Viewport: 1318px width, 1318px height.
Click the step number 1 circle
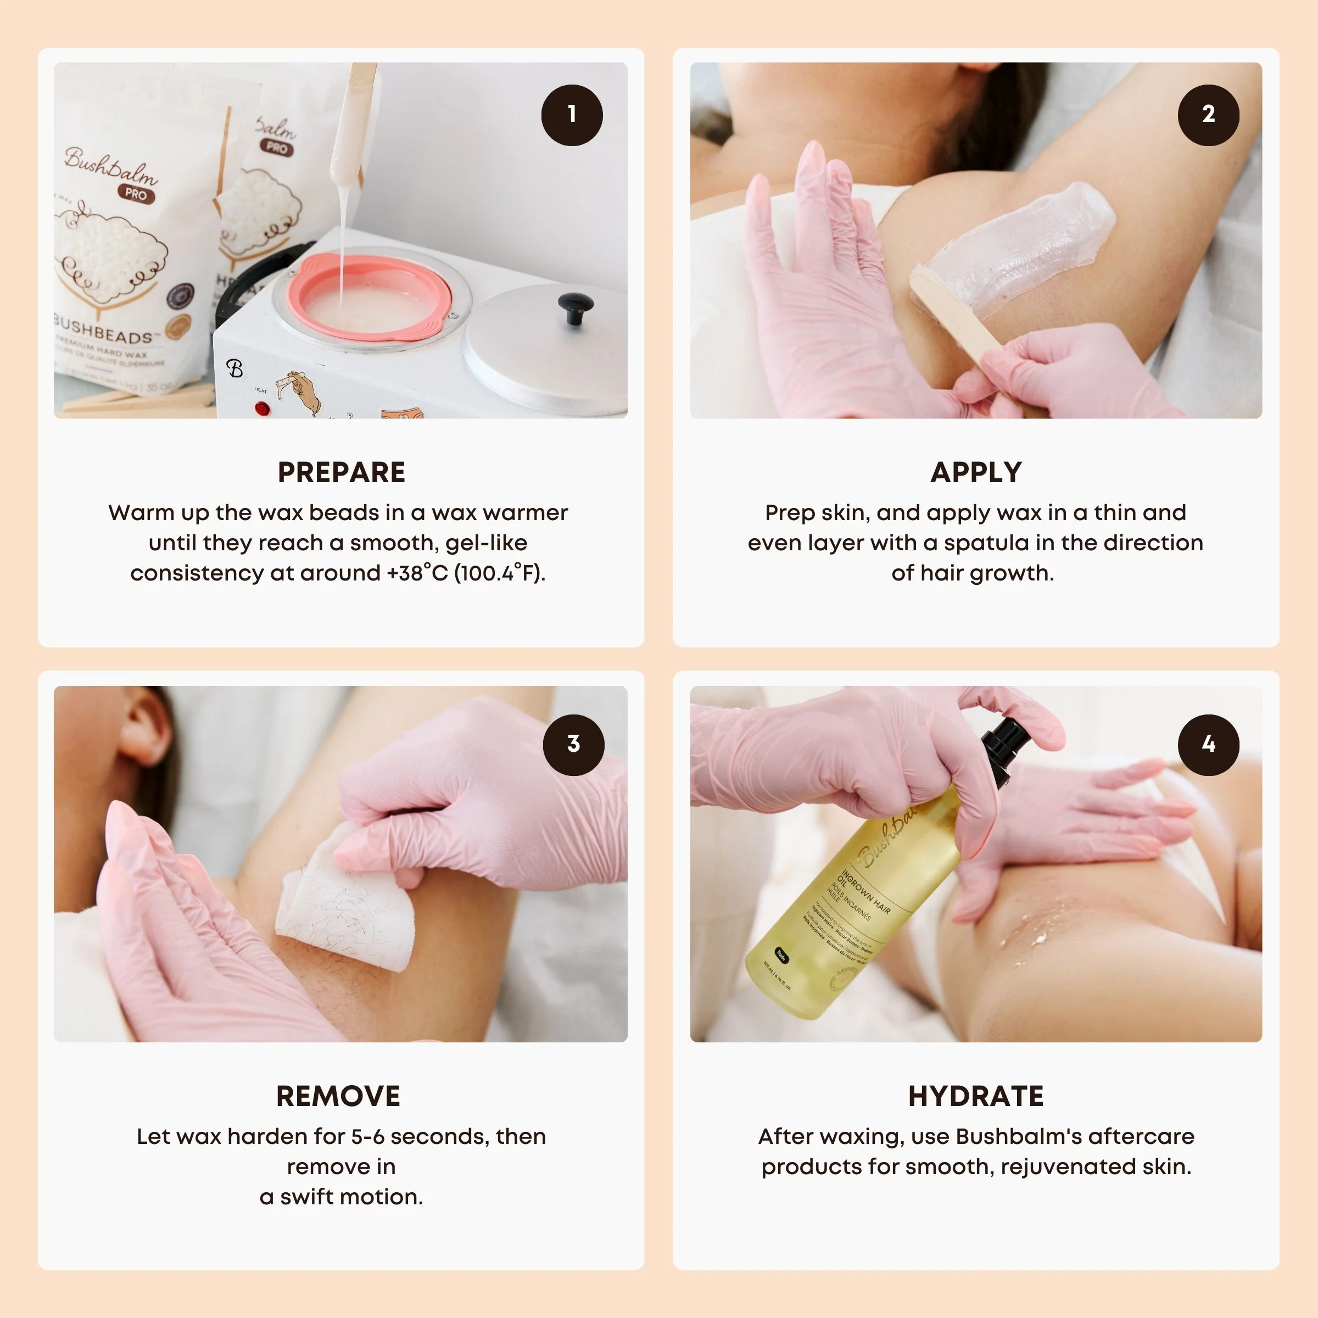572,115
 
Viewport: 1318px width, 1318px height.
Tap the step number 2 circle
1208,115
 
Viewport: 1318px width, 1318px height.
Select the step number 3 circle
573,744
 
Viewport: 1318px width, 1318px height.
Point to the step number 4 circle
1208,744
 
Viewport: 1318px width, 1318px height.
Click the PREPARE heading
341,473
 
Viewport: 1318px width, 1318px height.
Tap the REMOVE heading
338,1096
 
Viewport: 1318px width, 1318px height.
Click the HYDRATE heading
975,1096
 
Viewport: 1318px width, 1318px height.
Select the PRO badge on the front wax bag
136,194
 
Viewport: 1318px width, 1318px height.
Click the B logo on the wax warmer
234,368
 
